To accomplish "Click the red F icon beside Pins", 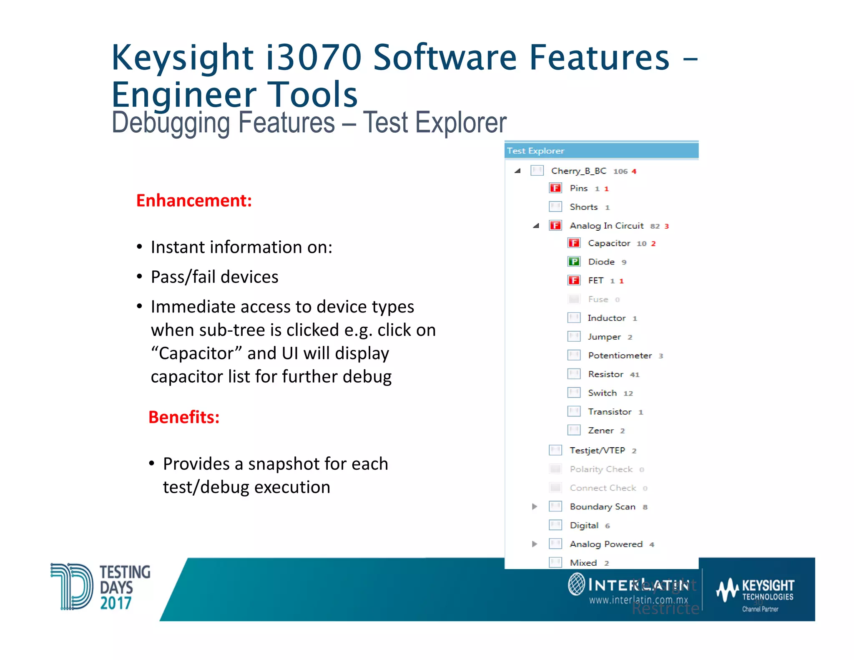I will [x=555, y=188].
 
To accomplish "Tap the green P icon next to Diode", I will [x=574, y=262].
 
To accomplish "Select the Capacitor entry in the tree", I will [x=609, y=243].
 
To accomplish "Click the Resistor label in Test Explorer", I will [x=605, y=374].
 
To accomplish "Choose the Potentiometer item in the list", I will [x=620, y=355].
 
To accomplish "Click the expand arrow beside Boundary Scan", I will [x=535, y=506].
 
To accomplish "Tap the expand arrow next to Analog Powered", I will [x=535, y=544].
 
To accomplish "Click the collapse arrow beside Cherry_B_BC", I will [x=517, y=171].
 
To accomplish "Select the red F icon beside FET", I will [x=574, y=280].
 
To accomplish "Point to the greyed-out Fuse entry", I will [x=598, y=299].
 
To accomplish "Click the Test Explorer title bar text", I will [x=535, y=151].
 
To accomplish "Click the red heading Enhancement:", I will [x=194, y=201].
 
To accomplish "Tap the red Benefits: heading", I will [x=184, y=417].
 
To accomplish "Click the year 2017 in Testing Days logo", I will [x=116, y=603].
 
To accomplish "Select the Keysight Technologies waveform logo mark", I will [x=727, y=590].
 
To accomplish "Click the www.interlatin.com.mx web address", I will [x=638, y=600].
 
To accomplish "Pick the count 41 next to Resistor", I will [x=635, y=375].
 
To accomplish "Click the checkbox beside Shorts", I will [x=555, y=207].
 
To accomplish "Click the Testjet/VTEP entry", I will [x=597, y=451].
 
